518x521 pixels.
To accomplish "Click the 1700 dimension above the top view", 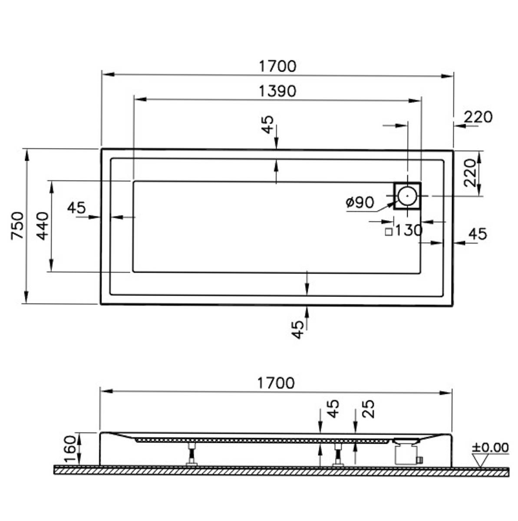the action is point(277,66).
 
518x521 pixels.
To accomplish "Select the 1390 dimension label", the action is point(277,91).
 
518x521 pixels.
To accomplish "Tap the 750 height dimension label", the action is point(17,226).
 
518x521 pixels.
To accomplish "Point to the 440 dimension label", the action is point(43,226).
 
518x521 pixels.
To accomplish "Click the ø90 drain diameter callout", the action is point(360,202).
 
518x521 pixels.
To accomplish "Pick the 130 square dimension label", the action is point(409,231).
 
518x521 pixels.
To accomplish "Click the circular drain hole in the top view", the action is point(407,196).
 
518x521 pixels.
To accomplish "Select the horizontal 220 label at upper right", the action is point(478,117).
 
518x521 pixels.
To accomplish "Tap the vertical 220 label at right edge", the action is point(470,173).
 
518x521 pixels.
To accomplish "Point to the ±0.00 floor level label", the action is point(490,448).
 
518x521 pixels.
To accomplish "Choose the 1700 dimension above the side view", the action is point(275,383).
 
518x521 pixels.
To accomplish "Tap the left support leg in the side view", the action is point(192,454).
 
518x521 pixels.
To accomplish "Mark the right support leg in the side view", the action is point(338,454).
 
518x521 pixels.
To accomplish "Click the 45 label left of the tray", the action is point(76,208).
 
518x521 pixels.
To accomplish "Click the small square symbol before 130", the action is point(389,232).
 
